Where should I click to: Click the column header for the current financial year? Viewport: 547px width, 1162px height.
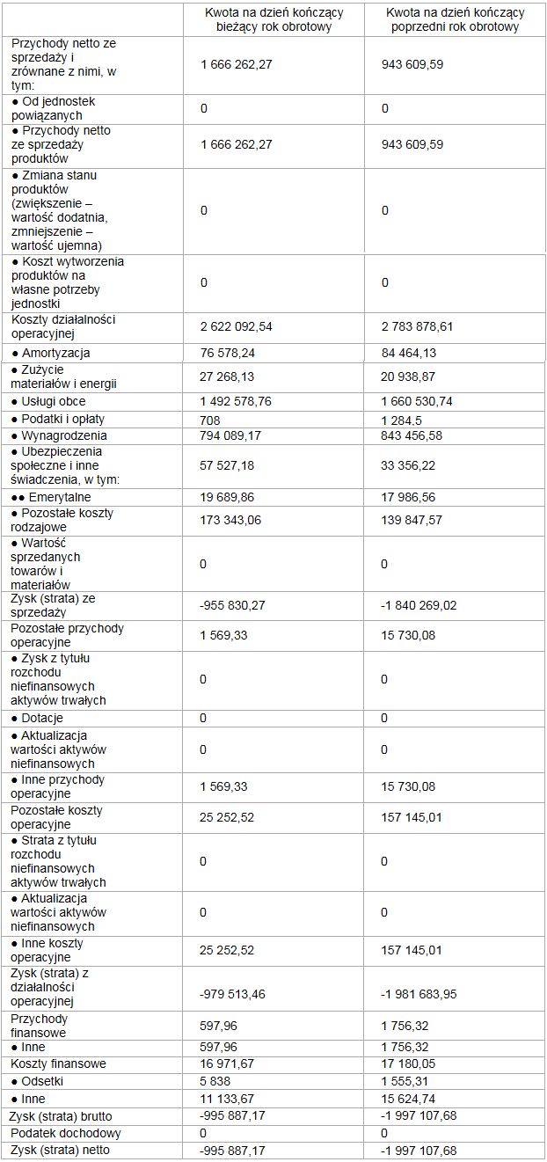point(273,19)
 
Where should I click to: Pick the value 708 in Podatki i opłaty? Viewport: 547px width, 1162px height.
point(209,420)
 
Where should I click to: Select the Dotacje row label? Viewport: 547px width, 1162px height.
point(40,718)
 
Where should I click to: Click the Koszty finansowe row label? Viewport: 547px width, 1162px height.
point(58,1063)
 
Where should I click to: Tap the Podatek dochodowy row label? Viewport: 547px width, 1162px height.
point(65,1133)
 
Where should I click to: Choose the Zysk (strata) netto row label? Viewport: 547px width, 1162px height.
point(61,1150)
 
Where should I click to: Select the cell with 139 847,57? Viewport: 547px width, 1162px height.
point(412,520)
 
